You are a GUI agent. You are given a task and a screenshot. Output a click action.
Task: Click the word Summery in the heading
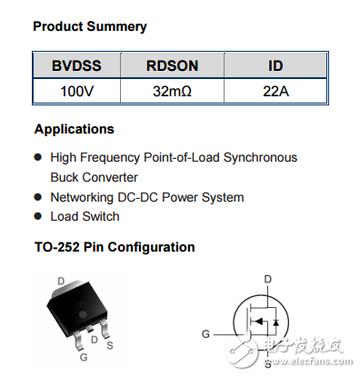point(116,27)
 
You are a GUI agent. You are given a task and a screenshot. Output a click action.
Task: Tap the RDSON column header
point(173,66)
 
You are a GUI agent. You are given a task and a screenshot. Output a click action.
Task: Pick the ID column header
point(275,66)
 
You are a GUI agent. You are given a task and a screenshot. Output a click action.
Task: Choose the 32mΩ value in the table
point(173,91)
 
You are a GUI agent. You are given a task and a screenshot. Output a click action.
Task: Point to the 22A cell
point(275,91)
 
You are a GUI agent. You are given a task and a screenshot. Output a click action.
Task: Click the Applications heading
point(74,129)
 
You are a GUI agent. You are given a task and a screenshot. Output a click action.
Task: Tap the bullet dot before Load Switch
point(38,217)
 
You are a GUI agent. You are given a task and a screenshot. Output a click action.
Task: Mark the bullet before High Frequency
point(38,158)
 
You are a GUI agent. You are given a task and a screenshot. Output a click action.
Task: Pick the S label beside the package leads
point(109,344)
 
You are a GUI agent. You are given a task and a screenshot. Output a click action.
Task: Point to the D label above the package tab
point(62,282)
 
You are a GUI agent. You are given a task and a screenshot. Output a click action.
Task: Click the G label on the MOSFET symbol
point(206,333)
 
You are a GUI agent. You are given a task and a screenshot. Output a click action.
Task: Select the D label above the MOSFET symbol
point(267,279)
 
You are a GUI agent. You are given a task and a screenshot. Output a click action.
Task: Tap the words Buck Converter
point(95,177)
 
